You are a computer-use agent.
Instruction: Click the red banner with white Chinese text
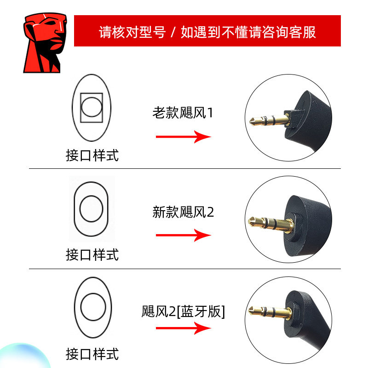[207, 31]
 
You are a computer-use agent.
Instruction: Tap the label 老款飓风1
[183, 113]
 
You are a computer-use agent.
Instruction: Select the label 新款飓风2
[183, 212]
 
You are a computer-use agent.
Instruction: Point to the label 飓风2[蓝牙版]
[183, 311]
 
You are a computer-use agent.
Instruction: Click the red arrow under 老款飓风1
[183, 137]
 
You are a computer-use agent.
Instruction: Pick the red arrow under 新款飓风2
[183, 235]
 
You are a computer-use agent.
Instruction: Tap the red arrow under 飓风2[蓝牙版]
[183, 328]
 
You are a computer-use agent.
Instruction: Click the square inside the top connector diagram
[92, 108]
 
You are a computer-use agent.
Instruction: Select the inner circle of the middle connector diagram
[92, 208]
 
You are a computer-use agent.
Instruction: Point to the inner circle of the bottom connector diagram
[92, 306]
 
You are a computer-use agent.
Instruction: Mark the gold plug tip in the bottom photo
[253, 310]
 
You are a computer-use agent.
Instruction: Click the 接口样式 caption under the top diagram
[92, 155]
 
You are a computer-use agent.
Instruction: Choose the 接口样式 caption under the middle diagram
[92, 254]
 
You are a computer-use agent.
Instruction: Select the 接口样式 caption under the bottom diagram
[92, 354]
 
